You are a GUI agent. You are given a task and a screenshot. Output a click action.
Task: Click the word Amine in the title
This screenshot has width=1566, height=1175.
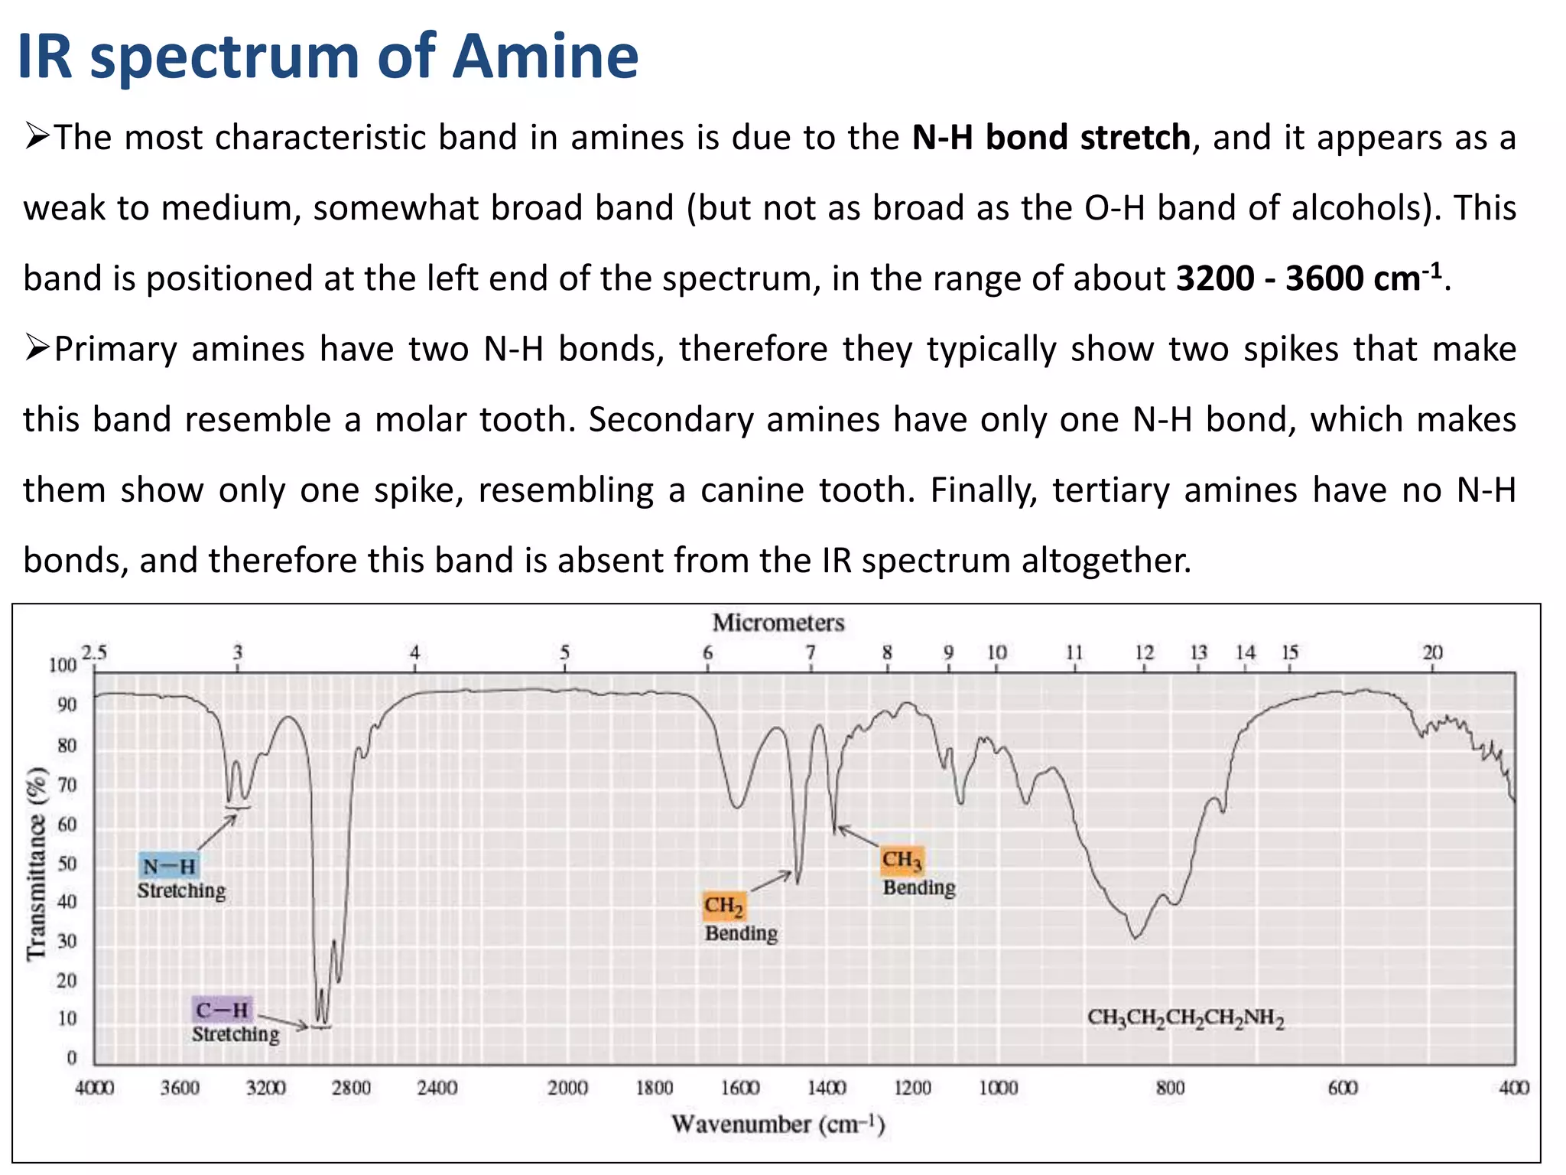pyautogui.click(x=545, y=57)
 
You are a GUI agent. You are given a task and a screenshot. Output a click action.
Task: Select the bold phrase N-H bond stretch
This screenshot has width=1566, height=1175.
pyautogui.click(x=1051, y=138)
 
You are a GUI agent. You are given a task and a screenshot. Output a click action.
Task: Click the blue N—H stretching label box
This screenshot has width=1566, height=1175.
pyautogui.click(x=169, y=867)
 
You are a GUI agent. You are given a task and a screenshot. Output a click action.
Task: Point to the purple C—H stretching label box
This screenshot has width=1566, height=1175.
pyautogui.click(x=222, y=1010)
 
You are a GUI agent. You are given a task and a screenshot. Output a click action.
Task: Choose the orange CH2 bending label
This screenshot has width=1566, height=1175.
pyautogui.click(x=723, y=906)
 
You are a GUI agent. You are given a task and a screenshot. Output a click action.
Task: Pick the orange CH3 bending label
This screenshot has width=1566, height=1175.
pyautogui.click(x=902, y=860)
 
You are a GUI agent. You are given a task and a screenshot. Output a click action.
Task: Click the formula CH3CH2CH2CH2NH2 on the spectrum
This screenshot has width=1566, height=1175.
pyautogui.click(x=1185, y=1018)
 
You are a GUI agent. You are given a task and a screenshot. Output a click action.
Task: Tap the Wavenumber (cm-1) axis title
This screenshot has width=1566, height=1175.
pyautogui.click(x=778, y=1125)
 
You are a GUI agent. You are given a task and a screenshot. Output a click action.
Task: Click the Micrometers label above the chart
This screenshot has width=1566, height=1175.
pyautogui.click(x=778, y=623)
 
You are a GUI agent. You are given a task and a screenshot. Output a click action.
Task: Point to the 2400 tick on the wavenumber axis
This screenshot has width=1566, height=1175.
pyautogui.click(x=437, y=1088)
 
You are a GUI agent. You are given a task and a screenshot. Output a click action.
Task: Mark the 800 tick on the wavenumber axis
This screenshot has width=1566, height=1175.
pyautogui.click(x=1170, y=1088)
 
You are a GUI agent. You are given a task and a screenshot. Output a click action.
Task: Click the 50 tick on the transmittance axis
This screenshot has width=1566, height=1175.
pyautogui.click(x=67, y=864)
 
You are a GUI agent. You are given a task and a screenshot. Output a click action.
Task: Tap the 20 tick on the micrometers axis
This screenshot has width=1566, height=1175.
pyautogui.click(x=1432, y=653)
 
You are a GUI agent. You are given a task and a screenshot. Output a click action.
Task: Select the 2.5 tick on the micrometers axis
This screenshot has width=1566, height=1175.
pyautogui.click(x=94, y=653)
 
